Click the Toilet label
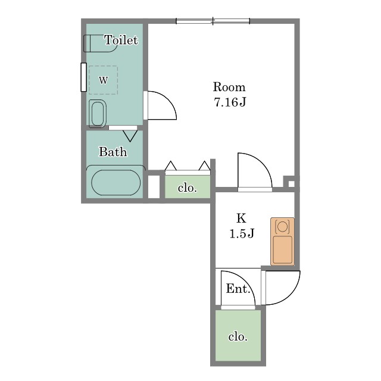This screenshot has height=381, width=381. pyautogui.click(x=121, y=40)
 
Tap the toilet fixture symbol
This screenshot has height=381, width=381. pyautogui.click(x=100, y=43)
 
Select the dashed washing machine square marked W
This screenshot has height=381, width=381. pyautogui.click(x=103, y=80)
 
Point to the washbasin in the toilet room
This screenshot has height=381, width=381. pyautogui.click(x=98, y=114)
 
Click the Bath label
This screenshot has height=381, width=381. pyautogui.click(x=113, y=152)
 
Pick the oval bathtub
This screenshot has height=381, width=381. pyautogui.click(x=115, y=183)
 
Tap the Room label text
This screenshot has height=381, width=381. pyautogui.click(x=229, y=87)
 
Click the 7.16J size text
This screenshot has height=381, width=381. pyautogui.click(x=230, y=102)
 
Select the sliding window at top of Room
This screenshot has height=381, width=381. pyautogui.click(x=213, y=21)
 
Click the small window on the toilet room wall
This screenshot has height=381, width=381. pyautogui.click(x=83, y=77)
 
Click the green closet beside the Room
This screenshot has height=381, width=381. pyautogui.click(x=188, y=186)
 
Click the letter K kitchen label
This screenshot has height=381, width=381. pyautogui.click(x=241, y=218)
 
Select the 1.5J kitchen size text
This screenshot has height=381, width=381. pyautogui.click(x=242, y=233)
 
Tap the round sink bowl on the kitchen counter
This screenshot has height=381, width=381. pyautogui.click(x=282, y=227)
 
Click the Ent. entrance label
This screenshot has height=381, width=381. pyautogui.click(x=238, y=289)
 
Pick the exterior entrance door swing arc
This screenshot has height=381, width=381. pyautogui.click(x=283, y=288)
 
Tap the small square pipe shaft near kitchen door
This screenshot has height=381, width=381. pyautogui.click(x=291, y=183)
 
